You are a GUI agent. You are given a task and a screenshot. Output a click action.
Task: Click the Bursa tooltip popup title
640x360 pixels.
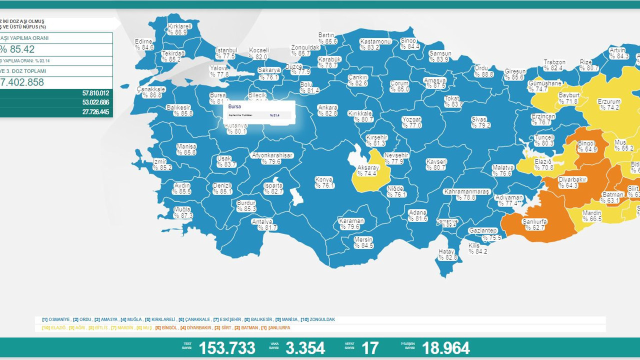tap(234, 106)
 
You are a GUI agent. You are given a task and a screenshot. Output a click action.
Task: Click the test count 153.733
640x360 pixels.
tap(227, 348)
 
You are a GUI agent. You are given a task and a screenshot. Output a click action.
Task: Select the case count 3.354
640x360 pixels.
tap(305, 348)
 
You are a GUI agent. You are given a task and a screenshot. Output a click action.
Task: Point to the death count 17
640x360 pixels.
tap(370, 348)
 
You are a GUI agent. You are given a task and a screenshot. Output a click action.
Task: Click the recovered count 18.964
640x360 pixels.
tap(445, 348)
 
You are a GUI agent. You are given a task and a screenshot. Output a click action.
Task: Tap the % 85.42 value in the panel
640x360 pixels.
tap(17, 49)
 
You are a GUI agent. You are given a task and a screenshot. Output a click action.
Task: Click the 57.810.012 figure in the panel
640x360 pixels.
tap(95, 93)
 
